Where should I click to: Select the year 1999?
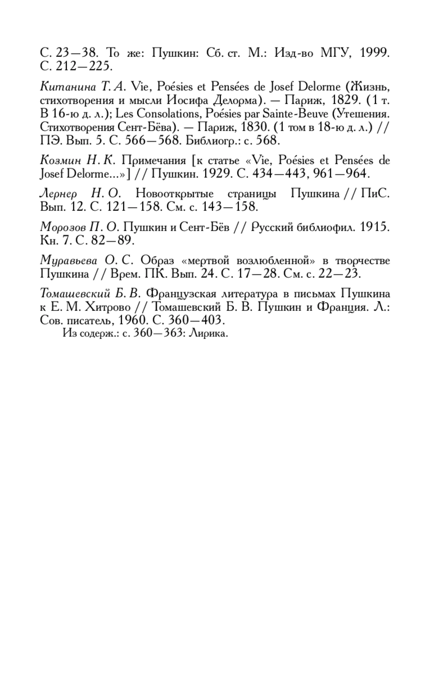tap(374, 53)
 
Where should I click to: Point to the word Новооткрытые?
tap(175, 194)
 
